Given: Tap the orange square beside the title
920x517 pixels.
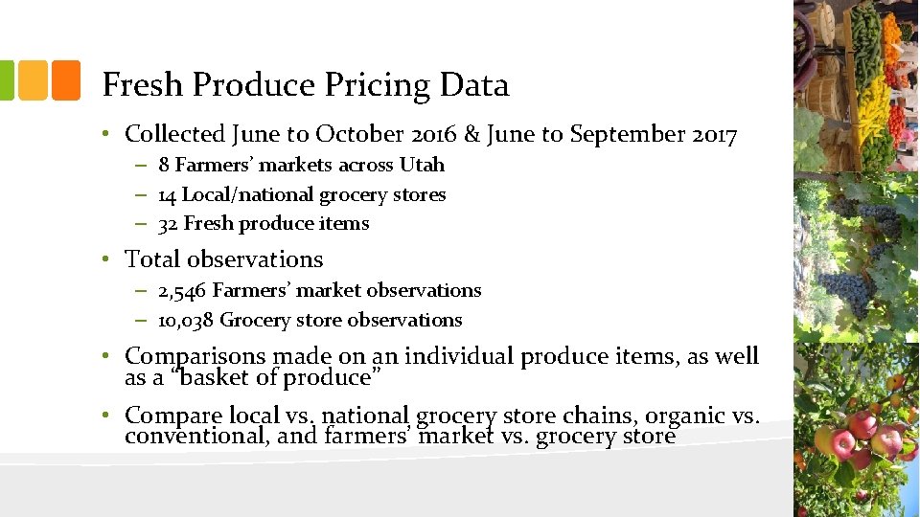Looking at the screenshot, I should tap(65, 80).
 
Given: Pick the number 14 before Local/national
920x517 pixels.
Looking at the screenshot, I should tap(167, 194).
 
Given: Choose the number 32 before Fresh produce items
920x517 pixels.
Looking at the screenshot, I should tap(168, 223).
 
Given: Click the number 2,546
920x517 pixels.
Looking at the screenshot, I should tap(183, 290).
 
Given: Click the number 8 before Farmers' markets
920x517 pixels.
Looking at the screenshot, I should tap(164, 165).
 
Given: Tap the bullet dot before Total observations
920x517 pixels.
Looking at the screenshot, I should tap(111, 259).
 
